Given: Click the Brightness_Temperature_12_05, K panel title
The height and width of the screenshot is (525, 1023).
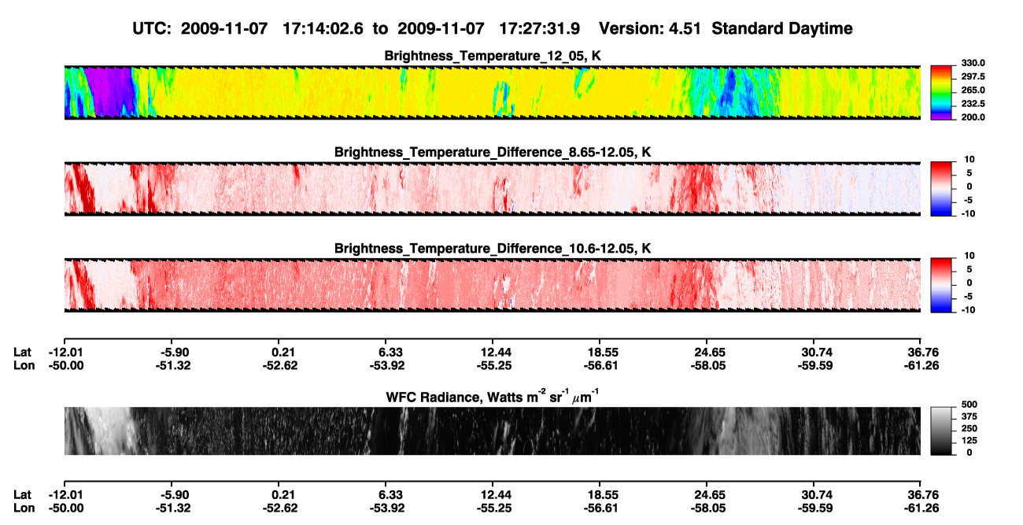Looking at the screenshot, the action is [493, 56].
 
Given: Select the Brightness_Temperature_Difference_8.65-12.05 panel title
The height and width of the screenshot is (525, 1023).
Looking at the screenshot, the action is [493, 152].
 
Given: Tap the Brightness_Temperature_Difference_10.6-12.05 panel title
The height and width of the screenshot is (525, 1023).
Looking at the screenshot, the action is [493, 249].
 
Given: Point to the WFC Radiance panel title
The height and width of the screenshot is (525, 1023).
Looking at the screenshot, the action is [492, 397].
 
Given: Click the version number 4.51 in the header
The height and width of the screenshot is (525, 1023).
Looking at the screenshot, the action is [685, 29].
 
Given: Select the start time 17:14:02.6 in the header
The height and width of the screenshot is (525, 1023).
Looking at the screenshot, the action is [323, 29].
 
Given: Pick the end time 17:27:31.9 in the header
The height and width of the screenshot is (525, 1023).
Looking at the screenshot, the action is [539, 29].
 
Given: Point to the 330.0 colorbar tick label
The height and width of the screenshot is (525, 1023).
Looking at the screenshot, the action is [973, 63].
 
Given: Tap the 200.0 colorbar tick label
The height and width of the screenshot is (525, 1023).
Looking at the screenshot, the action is [973, 117].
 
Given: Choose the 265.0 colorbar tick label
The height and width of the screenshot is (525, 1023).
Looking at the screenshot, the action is [973, 90].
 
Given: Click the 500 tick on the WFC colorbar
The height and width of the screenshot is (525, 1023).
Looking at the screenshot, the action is [969, 405].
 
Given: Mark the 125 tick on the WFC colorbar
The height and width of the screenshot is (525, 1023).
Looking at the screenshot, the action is [969, 441].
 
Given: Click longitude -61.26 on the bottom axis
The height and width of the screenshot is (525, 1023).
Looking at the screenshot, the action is [921, 508].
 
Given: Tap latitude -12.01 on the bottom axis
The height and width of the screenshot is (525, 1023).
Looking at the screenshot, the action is [66, 495].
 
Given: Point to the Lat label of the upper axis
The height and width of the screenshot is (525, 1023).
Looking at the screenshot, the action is [22, 353].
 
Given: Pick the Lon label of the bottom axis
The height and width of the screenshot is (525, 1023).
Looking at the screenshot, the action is [24, 508].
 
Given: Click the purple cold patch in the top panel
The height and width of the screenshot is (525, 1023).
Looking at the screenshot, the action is [109, 91].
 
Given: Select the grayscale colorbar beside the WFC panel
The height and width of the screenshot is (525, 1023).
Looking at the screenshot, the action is [941, 431].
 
